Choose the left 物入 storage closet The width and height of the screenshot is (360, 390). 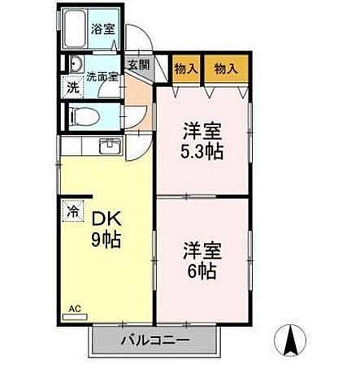click(186, 69)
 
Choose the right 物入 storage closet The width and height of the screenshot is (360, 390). click(226, 69)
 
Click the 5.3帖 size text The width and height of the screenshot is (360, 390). click(202, 152)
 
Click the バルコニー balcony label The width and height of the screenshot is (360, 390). click(156, 340)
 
